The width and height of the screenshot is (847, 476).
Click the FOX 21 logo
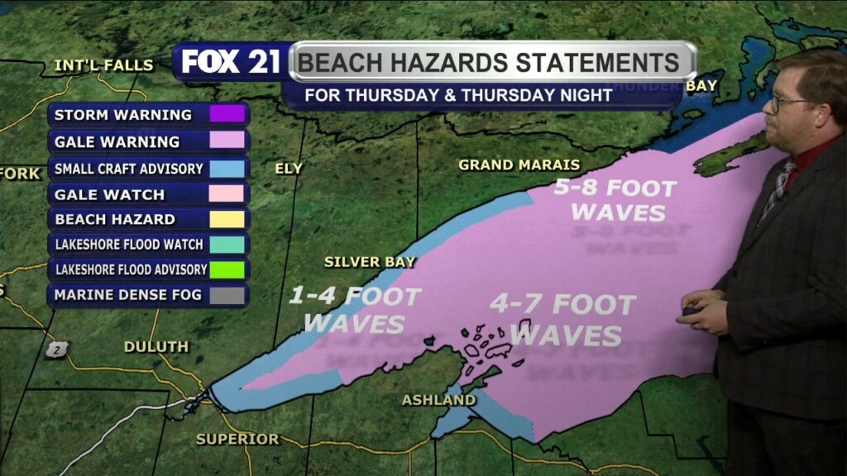pos(231,62)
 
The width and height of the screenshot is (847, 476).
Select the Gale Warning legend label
pos(117,141)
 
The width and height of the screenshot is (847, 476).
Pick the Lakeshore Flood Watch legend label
pos(128,245)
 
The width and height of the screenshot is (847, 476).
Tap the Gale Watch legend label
pos(109,194)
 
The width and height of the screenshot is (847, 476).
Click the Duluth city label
pos(156,347)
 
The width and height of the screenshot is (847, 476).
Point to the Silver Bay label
pos(369,262)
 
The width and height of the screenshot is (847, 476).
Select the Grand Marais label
pos(519,165)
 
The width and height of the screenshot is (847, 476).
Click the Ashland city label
pos(438,401)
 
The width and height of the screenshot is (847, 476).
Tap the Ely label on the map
pos(289,169)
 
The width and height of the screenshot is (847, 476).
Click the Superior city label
pos(237,439)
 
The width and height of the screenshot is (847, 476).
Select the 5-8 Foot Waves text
pos(615,200)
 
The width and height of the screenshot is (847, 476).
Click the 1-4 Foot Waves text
pos(355,309)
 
